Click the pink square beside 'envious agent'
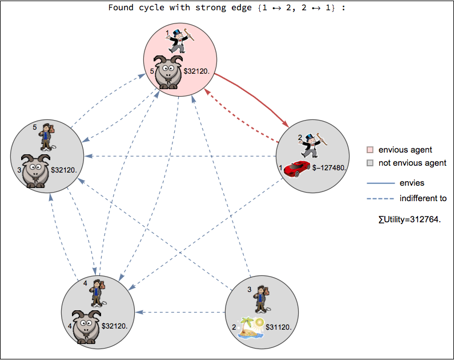pyautogui.click(x=370, y=150)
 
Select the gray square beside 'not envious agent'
pyautogui.click(x=370, y=163)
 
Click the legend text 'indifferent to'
pyautogui.click(x=423, y=198)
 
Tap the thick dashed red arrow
pyautogui.click(x=240, y=111)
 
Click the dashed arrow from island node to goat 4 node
pyautogui.click(x=183, y=312)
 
